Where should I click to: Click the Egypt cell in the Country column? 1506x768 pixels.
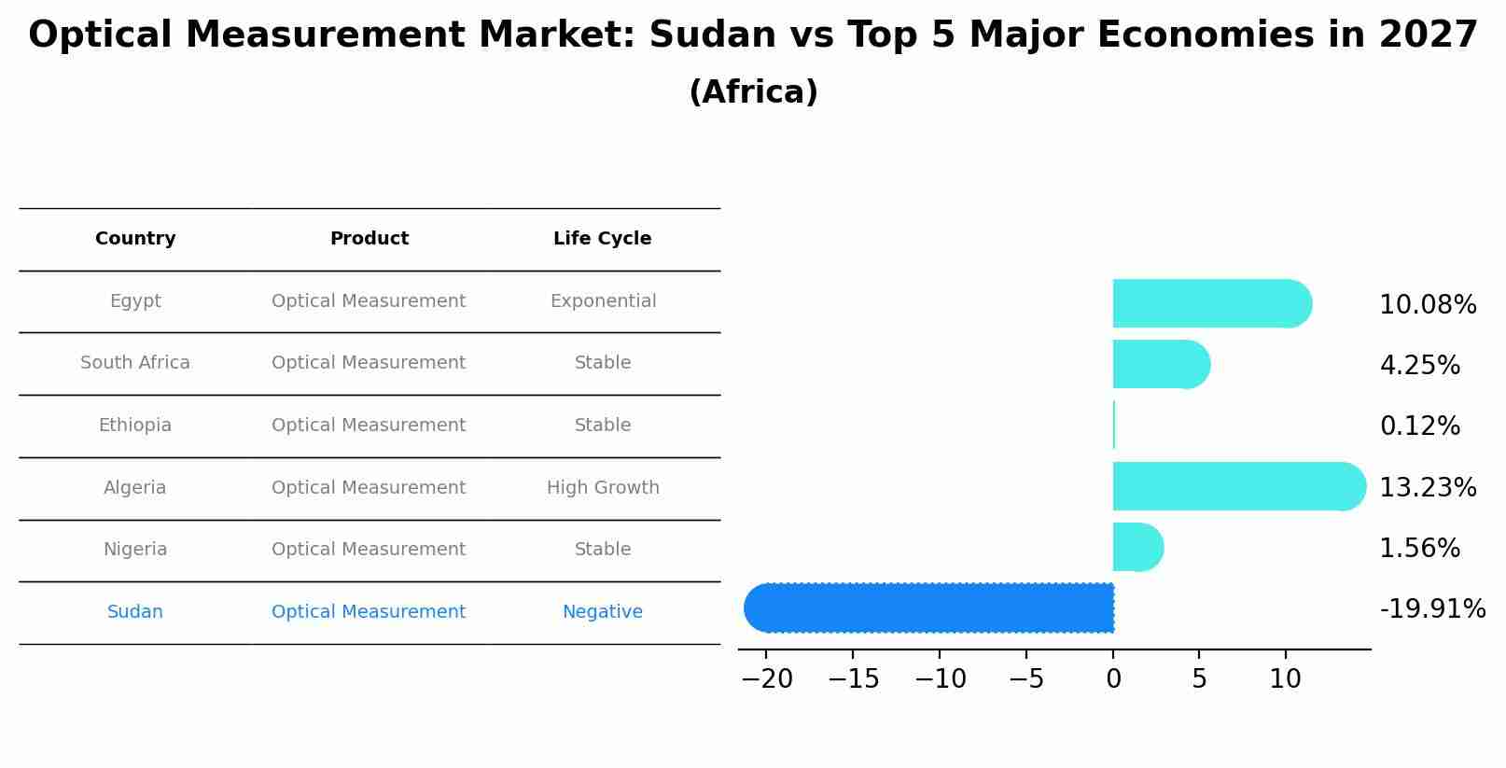(x=135, y=301)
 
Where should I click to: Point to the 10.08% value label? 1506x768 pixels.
(x=1428, y=305)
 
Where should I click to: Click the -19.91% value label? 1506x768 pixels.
(x=1432, y=609)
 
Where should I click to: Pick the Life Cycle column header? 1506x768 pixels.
(x=602, y=239)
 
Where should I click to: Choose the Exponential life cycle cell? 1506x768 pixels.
(x=603, y=301)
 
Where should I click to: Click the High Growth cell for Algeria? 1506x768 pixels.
(x=603, y=487)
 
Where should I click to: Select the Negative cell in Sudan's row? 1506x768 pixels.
(x=602, y=612)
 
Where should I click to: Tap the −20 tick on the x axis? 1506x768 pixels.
(x=766, y=679)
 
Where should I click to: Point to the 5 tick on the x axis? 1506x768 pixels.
(x=1199, y=679)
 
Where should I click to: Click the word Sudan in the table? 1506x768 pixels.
(x=135, y=612)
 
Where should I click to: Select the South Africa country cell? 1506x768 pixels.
(x=135, y=363)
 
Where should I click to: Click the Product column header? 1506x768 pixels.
(x=370, y=239)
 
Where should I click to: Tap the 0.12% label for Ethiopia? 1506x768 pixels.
(x=1419, y=426)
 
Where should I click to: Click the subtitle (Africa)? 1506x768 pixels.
(x=753, y=92)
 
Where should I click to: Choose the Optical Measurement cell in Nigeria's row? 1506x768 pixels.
(x=369, y=550)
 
